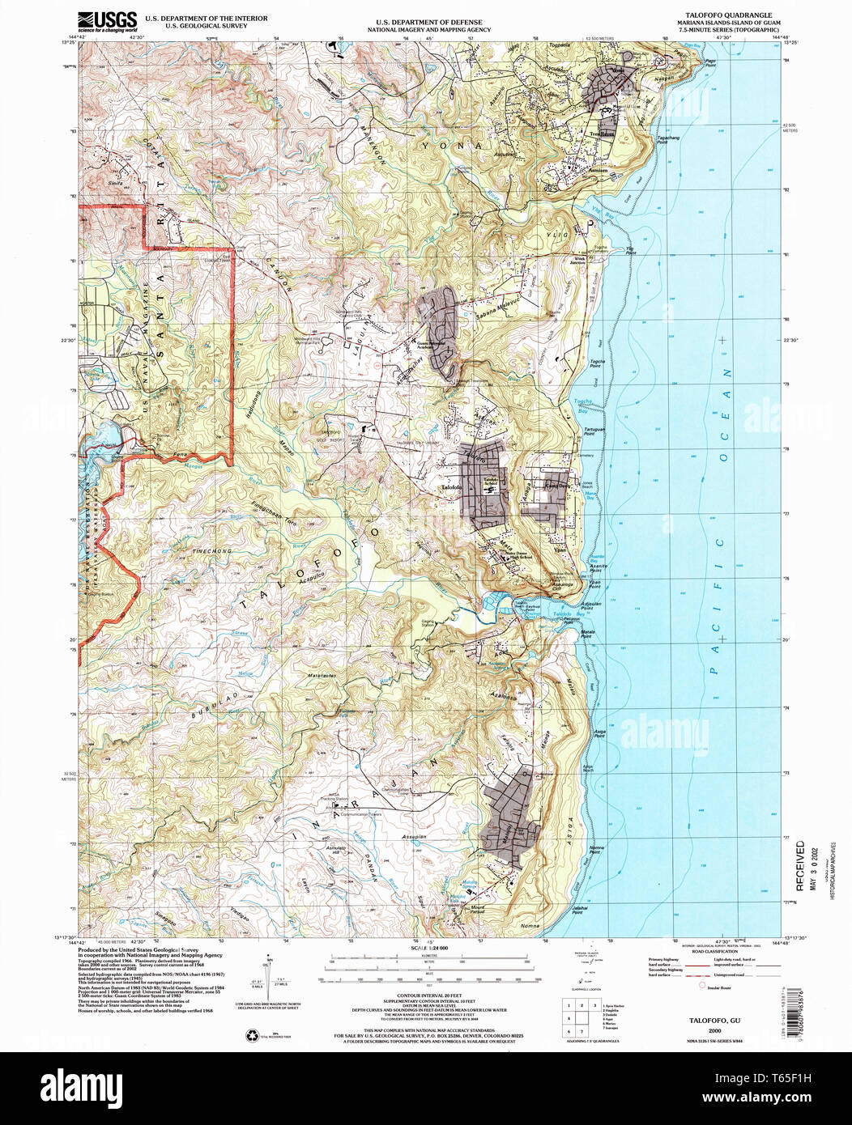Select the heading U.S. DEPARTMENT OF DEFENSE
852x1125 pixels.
tap(428, 22)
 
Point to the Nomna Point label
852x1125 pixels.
tap(597, 849)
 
